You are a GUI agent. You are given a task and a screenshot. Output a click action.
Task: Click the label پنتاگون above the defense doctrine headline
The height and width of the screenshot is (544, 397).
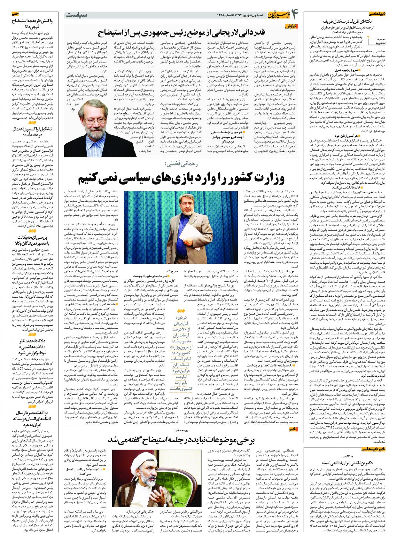point(347,456)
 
